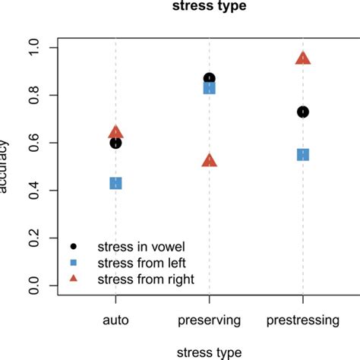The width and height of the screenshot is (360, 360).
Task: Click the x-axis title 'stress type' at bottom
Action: [209, 352]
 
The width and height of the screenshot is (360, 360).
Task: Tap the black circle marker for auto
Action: [115, 143]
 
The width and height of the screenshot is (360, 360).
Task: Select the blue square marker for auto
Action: [115, 183]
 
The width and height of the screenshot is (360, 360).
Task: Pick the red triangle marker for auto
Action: [115, 132]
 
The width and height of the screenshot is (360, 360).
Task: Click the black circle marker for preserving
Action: [210, 78]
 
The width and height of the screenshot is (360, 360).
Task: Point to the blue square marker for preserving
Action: [210, 88]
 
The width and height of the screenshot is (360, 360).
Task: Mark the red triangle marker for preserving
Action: [210, 160]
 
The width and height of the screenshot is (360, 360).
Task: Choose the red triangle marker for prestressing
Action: [303, 58]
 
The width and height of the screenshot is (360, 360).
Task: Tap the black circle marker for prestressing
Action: [303, 112]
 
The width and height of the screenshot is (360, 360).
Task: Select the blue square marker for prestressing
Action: [303, 154]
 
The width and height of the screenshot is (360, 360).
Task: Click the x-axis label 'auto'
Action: [115, 321]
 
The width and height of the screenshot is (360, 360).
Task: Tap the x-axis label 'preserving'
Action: [210, 321]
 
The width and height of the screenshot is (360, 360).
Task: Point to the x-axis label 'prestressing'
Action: [303, 321]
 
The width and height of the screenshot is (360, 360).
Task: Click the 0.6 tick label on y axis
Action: [32, 143]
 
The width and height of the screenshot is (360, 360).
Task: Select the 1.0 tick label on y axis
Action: [32, 48]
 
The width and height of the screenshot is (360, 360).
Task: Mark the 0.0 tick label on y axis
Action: [32, 286]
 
